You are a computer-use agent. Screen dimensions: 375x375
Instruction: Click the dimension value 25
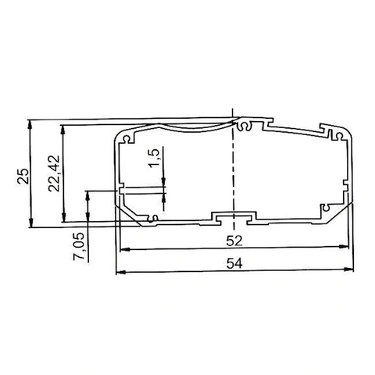coord(23,177)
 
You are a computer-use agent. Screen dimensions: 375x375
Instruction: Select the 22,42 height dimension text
coord(54,173)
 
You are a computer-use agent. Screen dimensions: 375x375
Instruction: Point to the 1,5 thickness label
coord(154,159)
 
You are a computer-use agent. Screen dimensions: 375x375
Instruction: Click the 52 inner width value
coord(234,241)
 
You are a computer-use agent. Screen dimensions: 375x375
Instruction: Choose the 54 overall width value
coord(234,263)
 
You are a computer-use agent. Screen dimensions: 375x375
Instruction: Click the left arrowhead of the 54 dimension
coord(120,272)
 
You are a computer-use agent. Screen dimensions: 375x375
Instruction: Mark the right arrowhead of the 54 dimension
coord(349,270)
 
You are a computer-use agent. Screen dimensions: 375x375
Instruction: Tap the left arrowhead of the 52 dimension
coord(125,249)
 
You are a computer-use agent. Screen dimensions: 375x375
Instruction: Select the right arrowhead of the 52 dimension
coord(344,246)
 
